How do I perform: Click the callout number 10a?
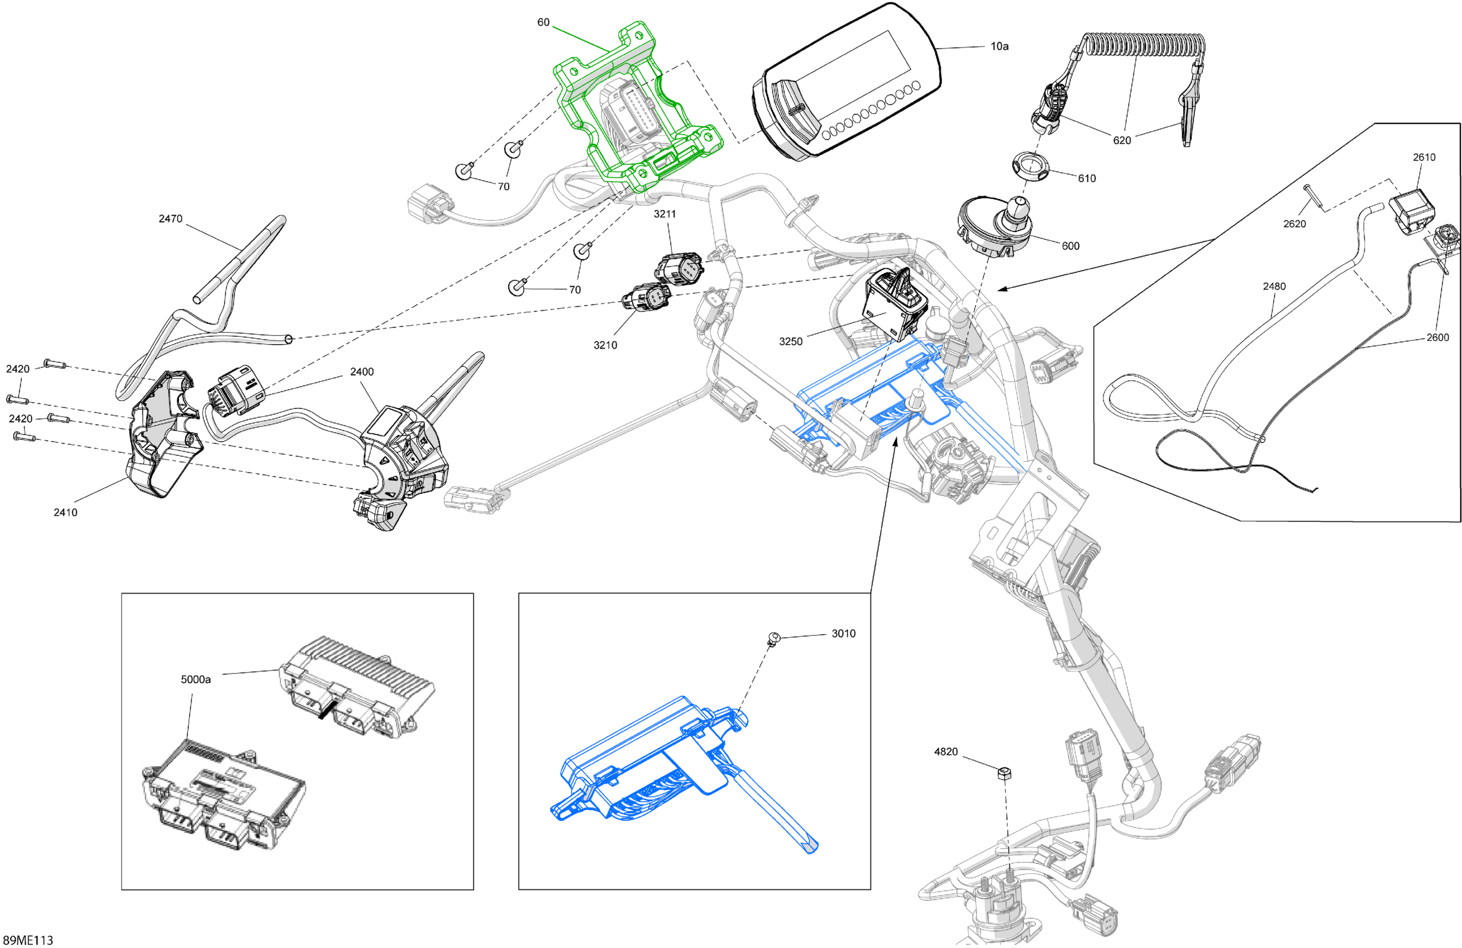(999, 46)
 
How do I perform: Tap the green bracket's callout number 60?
(543, 22)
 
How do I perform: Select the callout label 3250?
(791, 342)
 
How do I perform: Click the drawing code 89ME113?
(28, 940)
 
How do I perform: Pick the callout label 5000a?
(196, 679)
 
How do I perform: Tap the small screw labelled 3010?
(773, 639)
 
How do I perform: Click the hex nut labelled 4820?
(1005, 773)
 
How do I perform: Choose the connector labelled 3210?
(646, 297)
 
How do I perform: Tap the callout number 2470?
(170, 219)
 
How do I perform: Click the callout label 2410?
(65, 512)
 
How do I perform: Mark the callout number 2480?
(1274, 286)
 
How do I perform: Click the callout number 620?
(1122, 140)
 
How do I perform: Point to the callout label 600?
(1071, 246)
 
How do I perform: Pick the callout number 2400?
(362, 372)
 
